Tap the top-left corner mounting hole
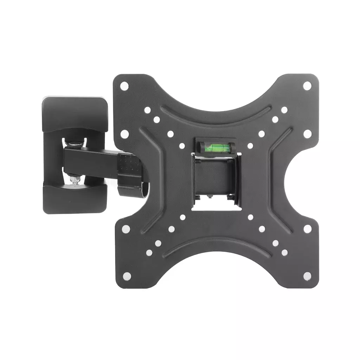[x=124, y=85]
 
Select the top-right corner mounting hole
[x=307, y=85]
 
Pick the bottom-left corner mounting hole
[x=127, y=276]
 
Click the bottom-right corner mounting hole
[x=307, y=276]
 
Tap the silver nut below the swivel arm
[x=75, y=180]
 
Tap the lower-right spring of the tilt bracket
[x=231, y=197]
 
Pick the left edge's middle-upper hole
[x=125, y=134]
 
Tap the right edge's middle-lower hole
[x=307, y=229]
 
